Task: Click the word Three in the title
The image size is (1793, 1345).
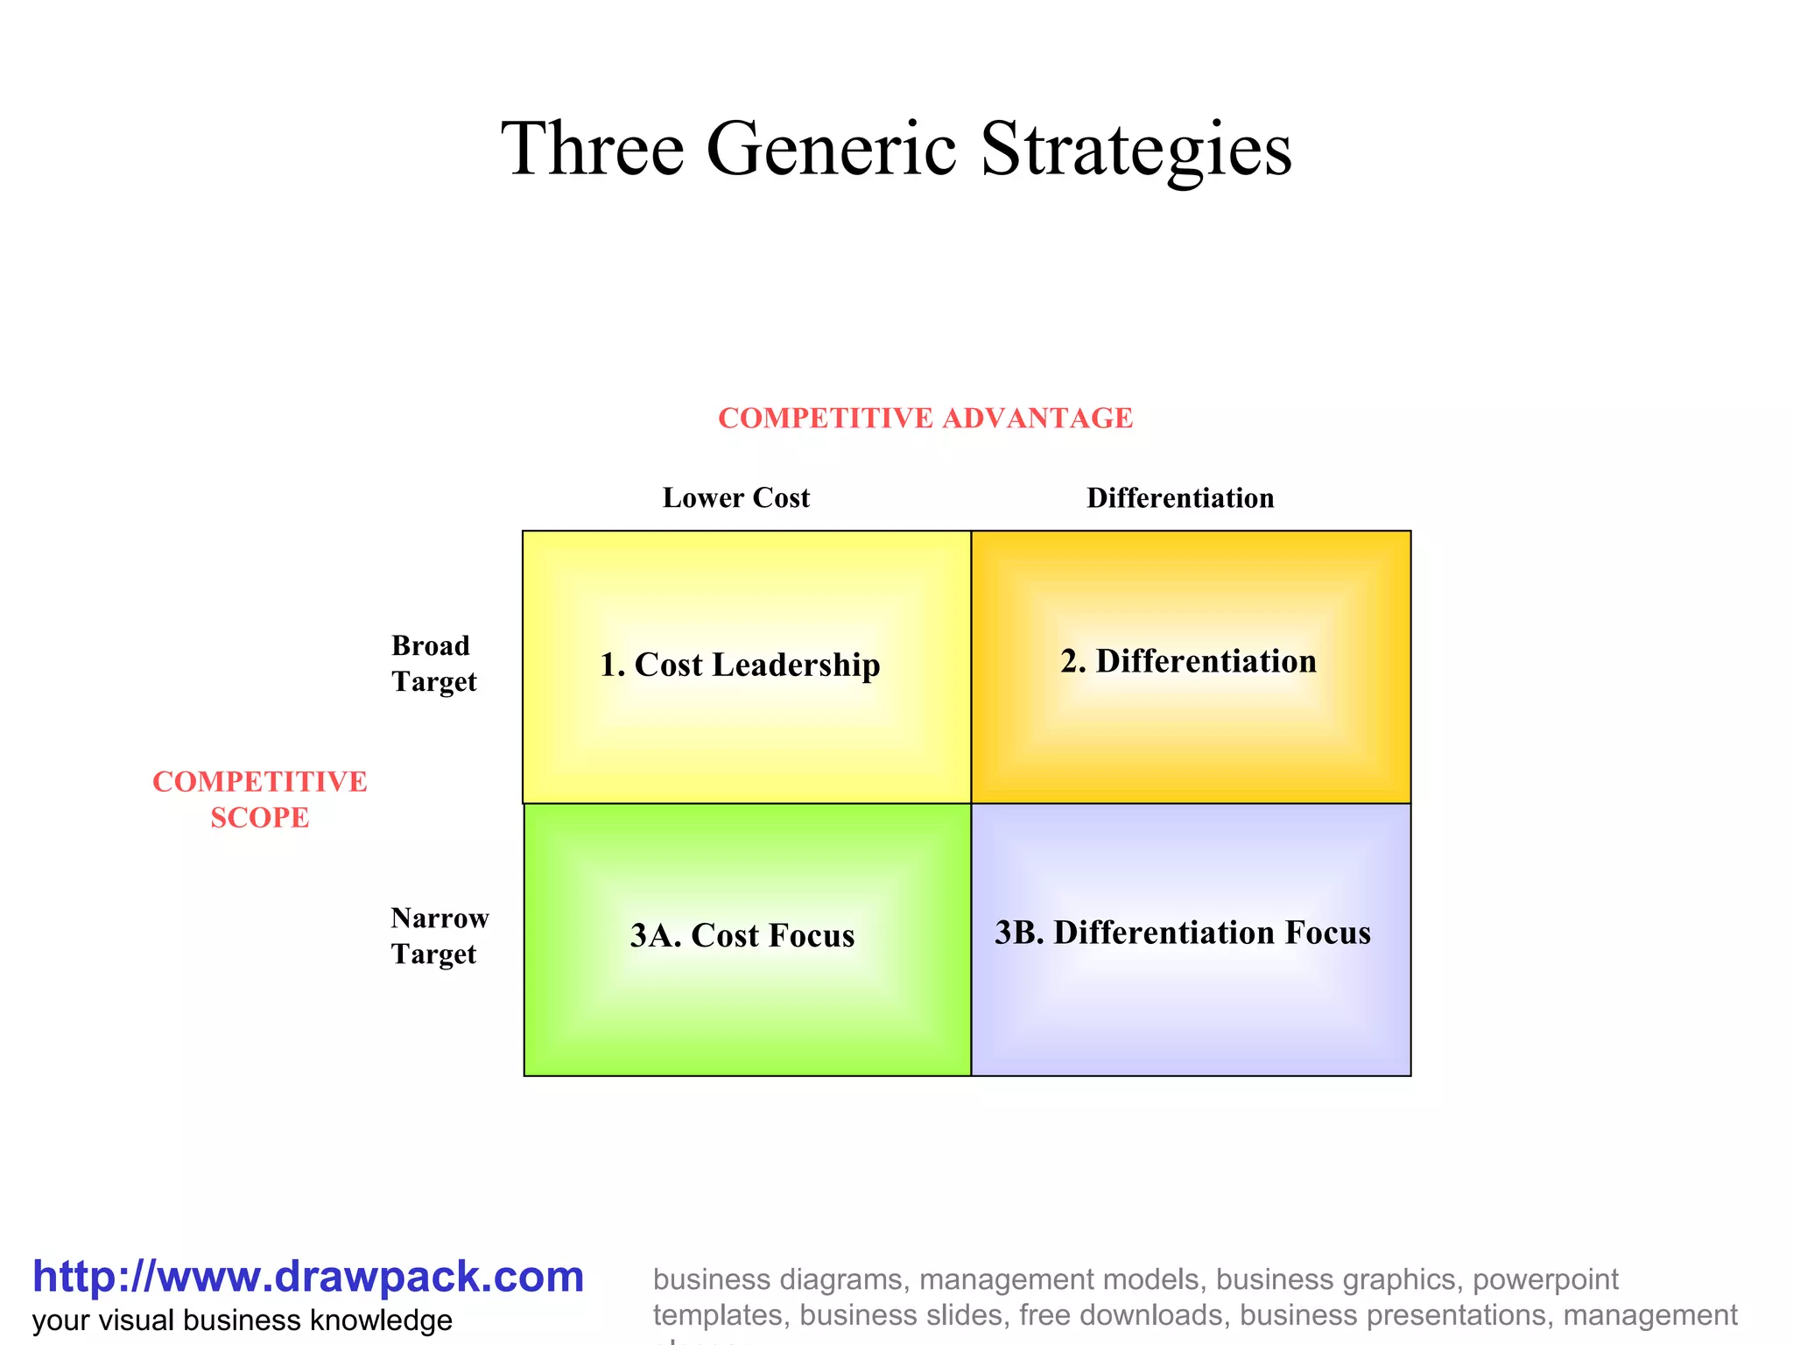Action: pyautogui.click(x=592, y=149)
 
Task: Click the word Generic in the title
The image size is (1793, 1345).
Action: pyautogui.click(x=831, y=149)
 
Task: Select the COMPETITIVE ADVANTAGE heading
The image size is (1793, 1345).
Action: pyautogui.click(x=925, y=419)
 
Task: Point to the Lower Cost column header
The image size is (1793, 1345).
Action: pyautogui.click(x=736, y=498)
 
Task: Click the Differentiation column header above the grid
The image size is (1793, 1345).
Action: pyautogui.click(x=1180, y=498)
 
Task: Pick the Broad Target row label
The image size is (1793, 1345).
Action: pyautogui.click(x=434, y=664)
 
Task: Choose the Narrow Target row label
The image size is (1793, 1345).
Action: pyautogui.click(x=439, y=936)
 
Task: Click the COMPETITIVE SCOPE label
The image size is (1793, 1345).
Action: pyautogui.click(x=260, y=799)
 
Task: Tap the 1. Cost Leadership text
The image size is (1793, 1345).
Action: pyautogui.click(x=740, y=665)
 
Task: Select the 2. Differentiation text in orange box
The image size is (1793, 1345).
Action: pyautogui.click(x=1188, y=661)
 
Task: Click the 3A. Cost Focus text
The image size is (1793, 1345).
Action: pyautogui.click(x=742, y=935)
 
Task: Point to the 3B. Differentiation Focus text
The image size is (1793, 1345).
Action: pyautogui.click(x=1183, y=933)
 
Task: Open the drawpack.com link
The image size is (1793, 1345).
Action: pyautogui.click(x=308, y=1277)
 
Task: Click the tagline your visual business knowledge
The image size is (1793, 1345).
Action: pyautogui.click(x=243, y=1320)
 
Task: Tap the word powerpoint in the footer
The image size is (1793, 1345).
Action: pyautogui.click(x=1545, y=1280)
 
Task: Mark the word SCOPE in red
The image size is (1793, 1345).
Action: pyautogui.click(x=260, y=818)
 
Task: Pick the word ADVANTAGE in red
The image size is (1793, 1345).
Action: pyautogui.click(x=1037, y=419)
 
